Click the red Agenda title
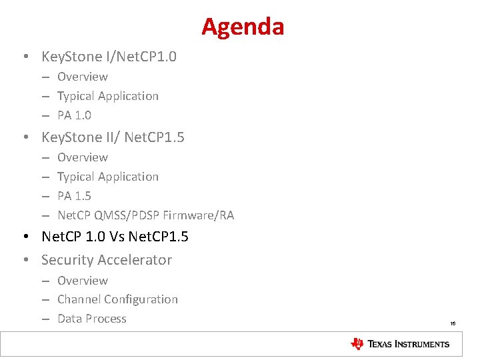243,27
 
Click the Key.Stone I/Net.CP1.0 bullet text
109,57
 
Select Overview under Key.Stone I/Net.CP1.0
82,77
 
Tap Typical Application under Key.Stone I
108,96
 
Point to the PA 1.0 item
74,115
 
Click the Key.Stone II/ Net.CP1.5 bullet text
113,137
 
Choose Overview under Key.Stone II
82,157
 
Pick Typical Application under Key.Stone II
108,177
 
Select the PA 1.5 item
74,196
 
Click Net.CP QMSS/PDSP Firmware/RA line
145,215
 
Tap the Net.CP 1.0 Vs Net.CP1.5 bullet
115,237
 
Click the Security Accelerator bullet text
107,260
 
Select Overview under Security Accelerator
82,281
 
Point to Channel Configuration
117,299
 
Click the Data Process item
91,319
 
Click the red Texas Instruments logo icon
357,344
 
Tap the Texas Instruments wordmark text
408,345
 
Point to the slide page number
453,323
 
